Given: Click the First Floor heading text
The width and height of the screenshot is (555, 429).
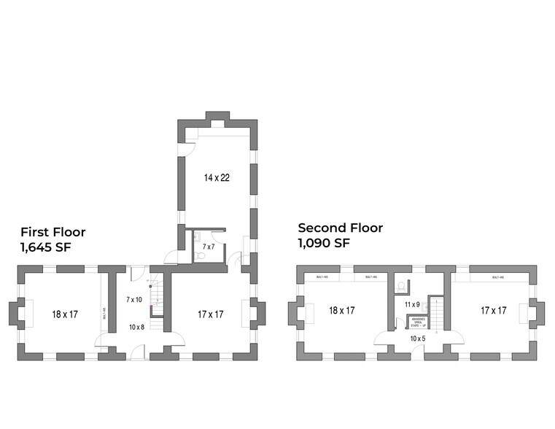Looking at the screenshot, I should pyautogui.click(x=53, y=233).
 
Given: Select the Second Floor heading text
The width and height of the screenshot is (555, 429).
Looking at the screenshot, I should pyautogui.click(x=340, y=228).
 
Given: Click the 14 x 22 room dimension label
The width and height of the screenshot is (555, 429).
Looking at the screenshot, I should pyautogui.click(x=216, y=177).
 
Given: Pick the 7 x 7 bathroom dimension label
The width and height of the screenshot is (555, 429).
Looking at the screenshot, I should pyautogui.click(x=209, y=247).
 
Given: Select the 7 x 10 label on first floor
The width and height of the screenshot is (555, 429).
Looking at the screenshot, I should pyautogui.click(x=134, y=300).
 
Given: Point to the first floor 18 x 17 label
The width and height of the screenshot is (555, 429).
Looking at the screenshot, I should pyautogui.click(x=64, y=314).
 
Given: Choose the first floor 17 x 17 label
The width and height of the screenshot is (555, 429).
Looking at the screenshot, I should pyautogui.click(x=209, y=314).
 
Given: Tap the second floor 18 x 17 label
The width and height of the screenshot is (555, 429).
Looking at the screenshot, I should pyautogui.click(x=342, y=310).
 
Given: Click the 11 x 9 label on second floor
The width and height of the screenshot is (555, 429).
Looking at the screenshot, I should pyautogui.click(x=411, y=304).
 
